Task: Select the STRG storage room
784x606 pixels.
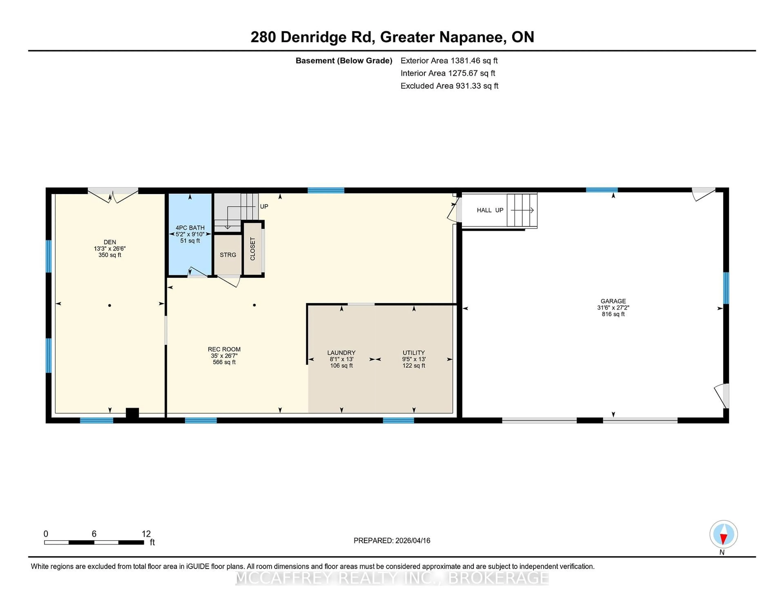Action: tap(228, 255)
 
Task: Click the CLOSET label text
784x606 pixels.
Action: tap(253, 249)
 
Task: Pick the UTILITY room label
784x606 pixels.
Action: tap(413, 353)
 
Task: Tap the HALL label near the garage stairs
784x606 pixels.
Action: tap(484, 210)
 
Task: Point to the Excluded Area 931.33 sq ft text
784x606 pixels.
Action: tap(449, 86)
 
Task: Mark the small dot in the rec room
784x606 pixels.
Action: tap(254, 305)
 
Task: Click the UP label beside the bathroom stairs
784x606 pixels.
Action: tap(264, 206)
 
